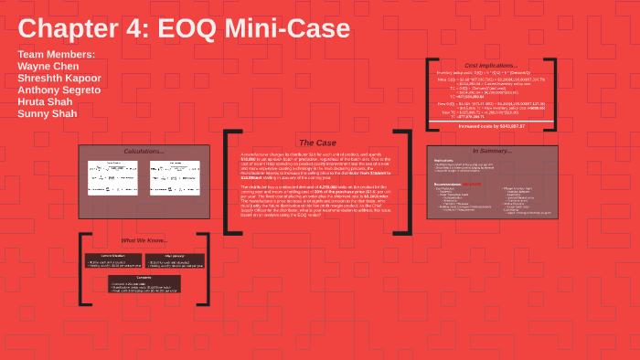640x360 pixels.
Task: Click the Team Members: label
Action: pos(56,54)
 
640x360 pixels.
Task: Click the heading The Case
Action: pos(317,143)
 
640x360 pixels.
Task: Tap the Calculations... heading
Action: pos(144,151)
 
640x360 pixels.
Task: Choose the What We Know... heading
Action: pos(144,240)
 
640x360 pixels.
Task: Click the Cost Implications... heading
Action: pos(491,66)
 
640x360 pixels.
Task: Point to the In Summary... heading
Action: pos(491,151)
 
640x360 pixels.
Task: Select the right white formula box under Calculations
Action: pos(175,177)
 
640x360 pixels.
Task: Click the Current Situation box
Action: pos(112,261)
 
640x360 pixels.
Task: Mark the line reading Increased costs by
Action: pos(491,126)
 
